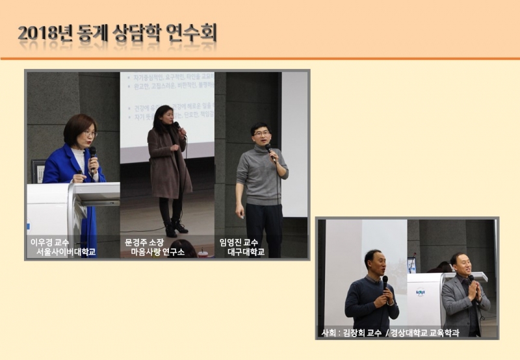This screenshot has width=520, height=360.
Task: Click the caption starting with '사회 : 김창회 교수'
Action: point(390,333)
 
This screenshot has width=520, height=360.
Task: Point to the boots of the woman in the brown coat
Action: point(175,228)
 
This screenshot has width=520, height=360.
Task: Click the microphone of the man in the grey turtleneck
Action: point(269,151)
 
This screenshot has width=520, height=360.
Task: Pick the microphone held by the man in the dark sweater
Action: point(385,282)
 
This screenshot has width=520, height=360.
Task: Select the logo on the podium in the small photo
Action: point(420,292)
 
